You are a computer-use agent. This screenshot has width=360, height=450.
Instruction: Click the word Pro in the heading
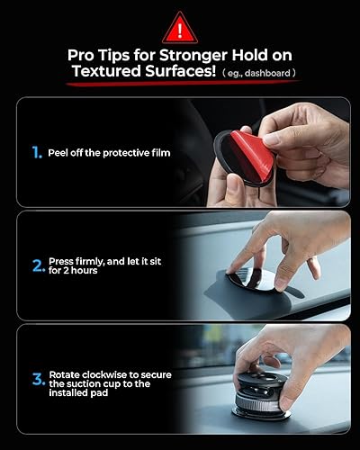tap(84, 57)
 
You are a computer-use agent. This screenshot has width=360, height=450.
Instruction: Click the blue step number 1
tap(35, 153)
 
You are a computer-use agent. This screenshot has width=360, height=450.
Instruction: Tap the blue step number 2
tap(38, 265)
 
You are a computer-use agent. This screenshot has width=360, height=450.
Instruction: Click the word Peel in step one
tap(60, 153)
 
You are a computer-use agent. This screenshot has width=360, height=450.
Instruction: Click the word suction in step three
tap(89, 385)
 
